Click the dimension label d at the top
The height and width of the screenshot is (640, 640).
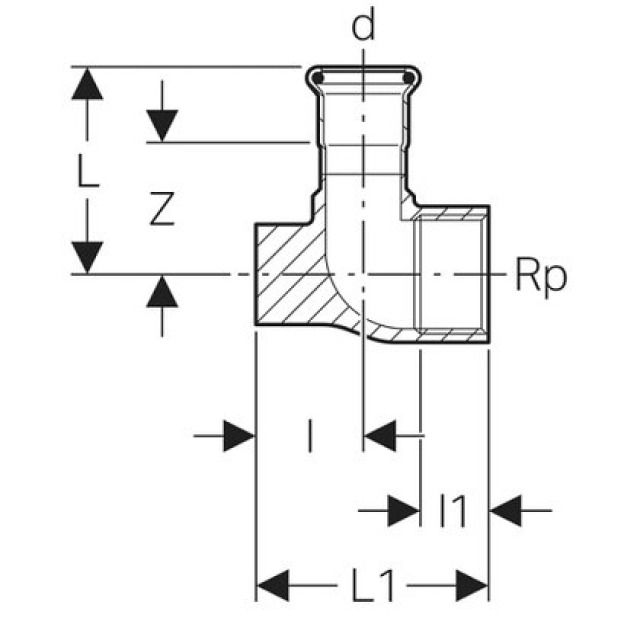tap(365, 26)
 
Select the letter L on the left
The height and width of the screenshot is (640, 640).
tap(88, 173)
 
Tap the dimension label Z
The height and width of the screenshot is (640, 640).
tap(162, 208)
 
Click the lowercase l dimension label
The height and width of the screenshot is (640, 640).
tap(310, 436)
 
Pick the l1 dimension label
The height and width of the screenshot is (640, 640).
tap(454, 511)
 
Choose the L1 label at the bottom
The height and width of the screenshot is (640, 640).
tap(373, 583)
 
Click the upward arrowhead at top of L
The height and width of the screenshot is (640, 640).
tap(88, 86)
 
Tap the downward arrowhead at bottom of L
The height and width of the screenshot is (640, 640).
tap(88, 255)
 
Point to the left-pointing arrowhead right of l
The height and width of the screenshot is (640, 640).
tap(381, 436)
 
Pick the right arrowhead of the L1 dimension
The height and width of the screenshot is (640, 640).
tap(472, 583)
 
